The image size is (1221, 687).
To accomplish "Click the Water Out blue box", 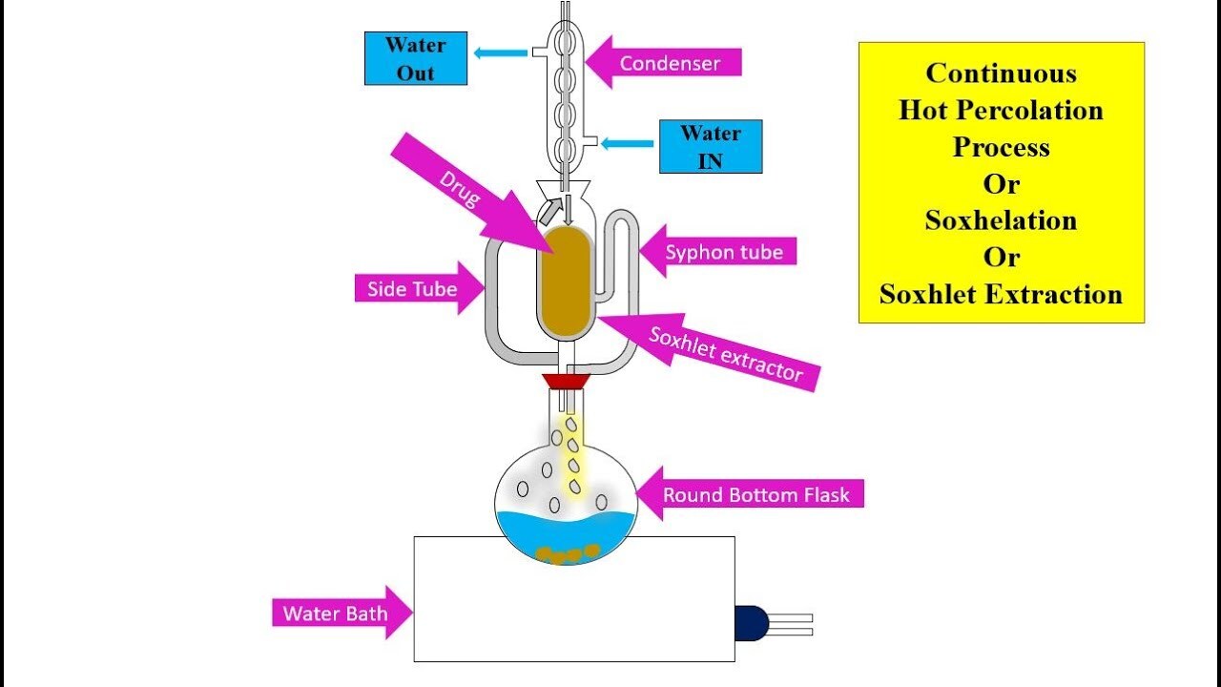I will (415, 58).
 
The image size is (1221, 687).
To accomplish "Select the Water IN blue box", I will (711, 146).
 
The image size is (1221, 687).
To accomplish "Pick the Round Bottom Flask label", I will (749, 494).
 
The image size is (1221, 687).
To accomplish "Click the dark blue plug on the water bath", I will (752, 623).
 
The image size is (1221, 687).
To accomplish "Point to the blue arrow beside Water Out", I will (501, 53).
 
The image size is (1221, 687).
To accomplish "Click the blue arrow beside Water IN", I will (627, 144).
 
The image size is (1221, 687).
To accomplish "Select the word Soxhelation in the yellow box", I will (1001, 220).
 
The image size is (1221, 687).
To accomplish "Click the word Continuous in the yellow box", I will (1001, 73).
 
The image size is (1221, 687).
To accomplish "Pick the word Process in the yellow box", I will (1001, 147).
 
